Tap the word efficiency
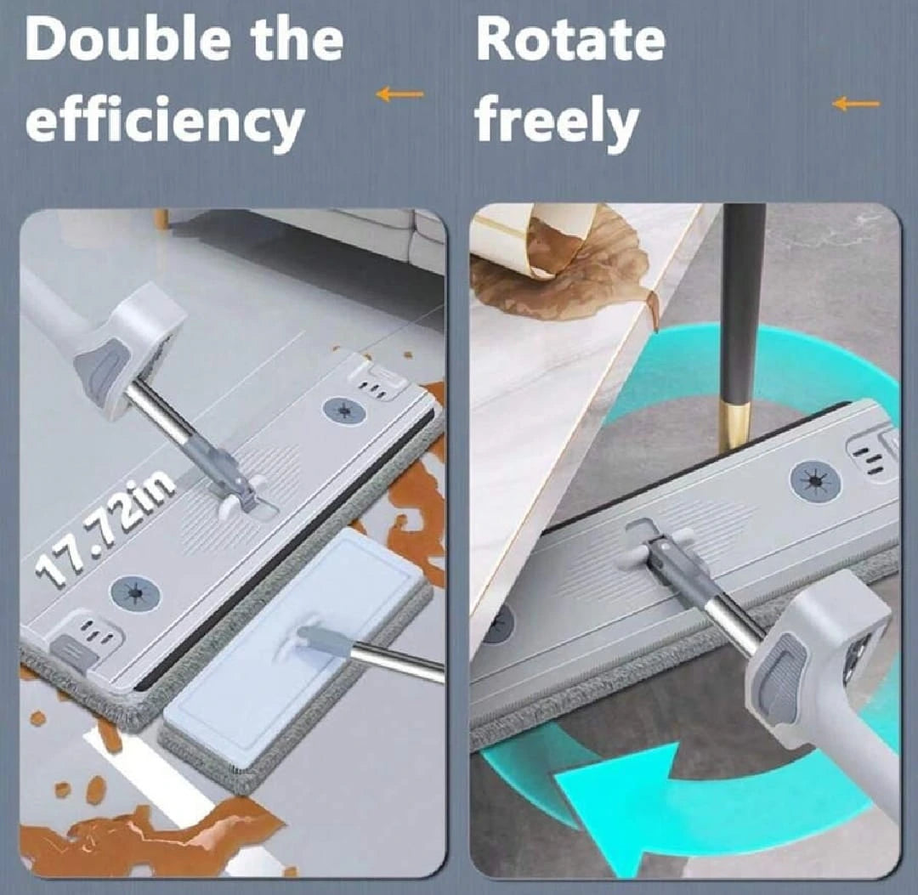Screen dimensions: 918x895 click(x=165, y=123)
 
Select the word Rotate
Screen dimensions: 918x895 click(x=570, y=40)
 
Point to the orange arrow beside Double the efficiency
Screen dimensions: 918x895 click(x=399, y=94)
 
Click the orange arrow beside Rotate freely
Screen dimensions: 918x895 click(x=855, y=105)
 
